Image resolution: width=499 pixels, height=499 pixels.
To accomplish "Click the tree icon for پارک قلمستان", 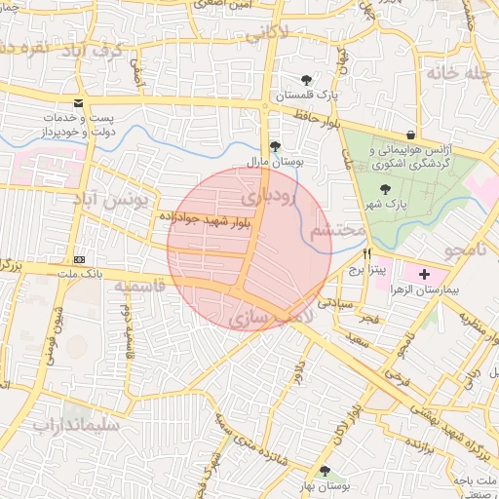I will pyautogui.click(x=307, y=80).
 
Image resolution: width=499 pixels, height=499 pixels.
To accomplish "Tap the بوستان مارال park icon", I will pyautogui.click(x=276, y=147).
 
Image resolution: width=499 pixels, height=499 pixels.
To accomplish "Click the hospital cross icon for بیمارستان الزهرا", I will pyautogui.click(x=424, y=276).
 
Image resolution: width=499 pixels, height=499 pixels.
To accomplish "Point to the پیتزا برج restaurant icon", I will pyautogui.click(x=367, y=253).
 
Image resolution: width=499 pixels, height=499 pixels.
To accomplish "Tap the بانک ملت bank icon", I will pyautogui.click(x=79, y=260).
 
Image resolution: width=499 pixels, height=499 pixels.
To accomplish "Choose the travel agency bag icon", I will pyautogui.click(x=410, y=134).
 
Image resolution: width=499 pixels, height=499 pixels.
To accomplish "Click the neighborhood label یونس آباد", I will pyautogui.click(x=107, y=200).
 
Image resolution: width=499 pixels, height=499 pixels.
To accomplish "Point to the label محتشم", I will pyautogui.click(x=336, y=232).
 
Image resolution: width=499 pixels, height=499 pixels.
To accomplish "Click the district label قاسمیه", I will pyautogui.click(x=139, y=288).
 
